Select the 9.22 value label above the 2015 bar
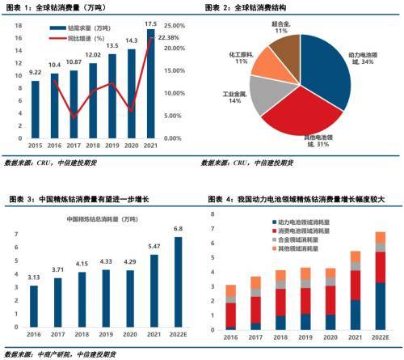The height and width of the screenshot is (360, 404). [35, 72]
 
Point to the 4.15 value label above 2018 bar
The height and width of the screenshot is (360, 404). [81, 264]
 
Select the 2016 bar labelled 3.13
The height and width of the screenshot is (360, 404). [33, 306]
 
